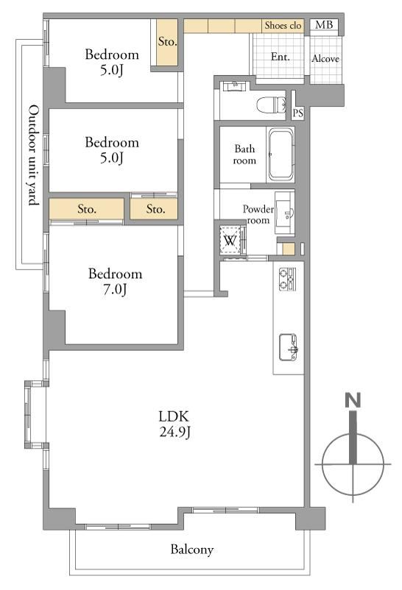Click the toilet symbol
click(271, 104)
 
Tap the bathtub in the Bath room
click(281, 154)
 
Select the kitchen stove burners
click(287, 279)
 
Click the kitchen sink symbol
click(289, 348)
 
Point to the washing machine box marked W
click(230, 240)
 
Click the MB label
click(324, 25)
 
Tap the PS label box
click(298, 113)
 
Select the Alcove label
click(325, 59)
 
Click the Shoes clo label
click(283, 25)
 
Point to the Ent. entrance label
click(281, 57)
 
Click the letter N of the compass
click(353, 400)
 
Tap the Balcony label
click(191, 550)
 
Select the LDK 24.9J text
click(174, 424)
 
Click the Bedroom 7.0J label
click(115, 282)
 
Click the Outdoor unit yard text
click(34, 155)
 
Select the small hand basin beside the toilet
click(235, 86)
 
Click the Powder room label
click(258, 214)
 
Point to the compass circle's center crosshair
click(353, 464)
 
